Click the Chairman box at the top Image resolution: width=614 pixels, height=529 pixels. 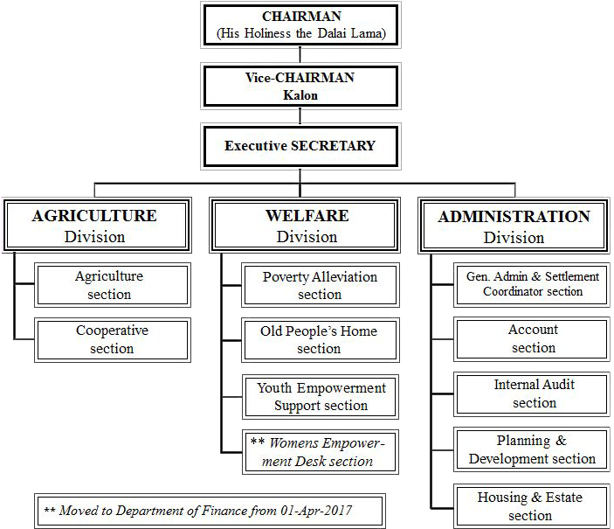[300, 25]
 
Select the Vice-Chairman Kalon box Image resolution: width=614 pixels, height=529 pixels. [300, 87]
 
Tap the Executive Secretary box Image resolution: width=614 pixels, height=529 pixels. [300, 146]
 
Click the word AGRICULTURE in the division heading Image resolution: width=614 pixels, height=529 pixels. [94, 216]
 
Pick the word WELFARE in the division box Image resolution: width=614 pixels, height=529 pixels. [307, 216]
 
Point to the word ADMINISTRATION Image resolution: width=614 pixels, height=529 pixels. [514, 217]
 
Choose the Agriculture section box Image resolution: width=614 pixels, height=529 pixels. [113, 285]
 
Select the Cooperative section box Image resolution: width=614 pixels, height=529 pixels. [113, 340]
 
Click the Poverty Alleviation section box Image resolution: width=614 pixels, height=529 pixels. [321, 285]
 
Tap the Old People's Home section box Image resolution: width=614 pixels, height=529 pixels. [321, 340]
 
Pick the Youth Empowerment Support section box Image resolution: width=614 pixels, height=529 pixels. [321, 397]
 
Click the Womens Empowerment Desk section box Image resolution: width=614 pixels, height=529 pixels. [321, 452]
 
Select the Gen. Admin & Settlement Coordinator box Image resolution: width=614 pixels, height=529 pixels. [532, 285]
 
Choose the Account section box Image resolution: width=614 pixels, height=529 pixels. [532, 339]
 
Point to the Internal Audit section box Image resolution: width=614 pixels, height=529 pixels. [532, 394]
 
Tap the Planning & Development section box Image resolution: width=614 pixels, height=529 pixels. [532, 449]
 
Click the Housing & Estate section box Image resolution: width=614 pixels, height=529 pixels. [532, 506]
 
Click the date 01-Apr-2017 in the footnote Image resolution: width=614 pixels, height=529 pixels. [316, 511]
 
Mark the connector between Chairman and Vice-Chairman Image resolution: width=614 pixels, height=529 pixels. [300, 55]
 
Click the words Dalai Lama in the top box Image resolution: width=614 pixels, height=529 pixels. [351, 33]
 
